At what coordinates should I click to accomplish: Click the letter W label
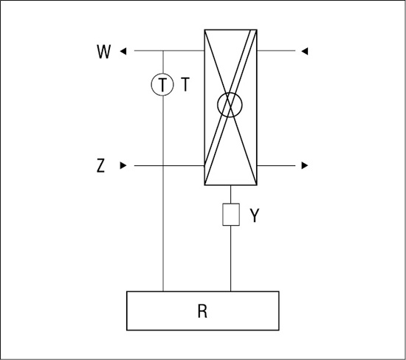click(104, 52)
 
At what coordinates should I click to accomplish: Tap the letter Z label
click(100, 166)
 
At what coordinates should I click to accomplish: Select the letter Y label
click(254, 215)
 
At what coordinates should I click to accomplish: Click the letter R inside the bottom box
click(202, 311)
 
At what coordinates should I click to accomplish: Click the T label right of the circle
click(185, 84)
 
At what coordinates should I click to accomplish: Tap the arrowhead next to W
click(123, 51)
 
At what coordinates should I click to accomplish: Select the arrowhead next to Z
click(123, 165)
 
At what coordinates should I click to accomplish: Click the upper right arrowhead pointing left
click(304, 51)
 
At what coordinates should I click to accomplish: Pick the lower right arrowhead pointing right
click(305, 165)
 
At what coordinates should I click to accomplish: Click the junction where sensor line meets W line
click(163, 51)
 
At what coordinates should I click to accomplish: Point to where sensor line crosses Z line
click(163, 166)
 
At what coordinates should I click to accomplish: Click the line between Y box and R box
click(231, 258)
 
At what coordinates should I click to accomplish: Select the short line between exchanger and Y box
click(231, 194)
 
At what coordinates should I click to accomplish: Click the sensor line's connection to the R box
click(163, 291)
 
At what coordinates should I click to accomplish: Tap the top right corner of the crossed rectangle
click(257, 30)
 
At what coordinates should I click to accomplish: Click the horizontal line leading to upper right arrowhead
click(276, 51)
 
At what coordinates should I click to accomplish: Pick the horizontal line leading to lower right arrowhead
click(276, 165)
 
